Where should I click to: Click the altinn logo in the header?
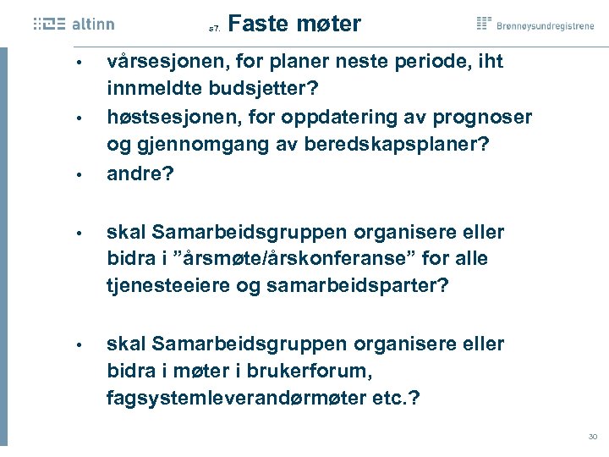[74, 25]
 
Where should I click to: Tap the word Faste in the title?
[255, 24]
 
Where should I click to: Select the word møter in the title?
[329, 24]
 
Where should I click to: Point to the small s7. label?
[214, 29]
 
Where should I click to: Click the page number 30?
[592, 437]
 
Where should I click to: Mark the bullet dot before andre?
[77, 174]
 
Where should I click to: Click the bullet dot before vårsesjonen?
[77, 63]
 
